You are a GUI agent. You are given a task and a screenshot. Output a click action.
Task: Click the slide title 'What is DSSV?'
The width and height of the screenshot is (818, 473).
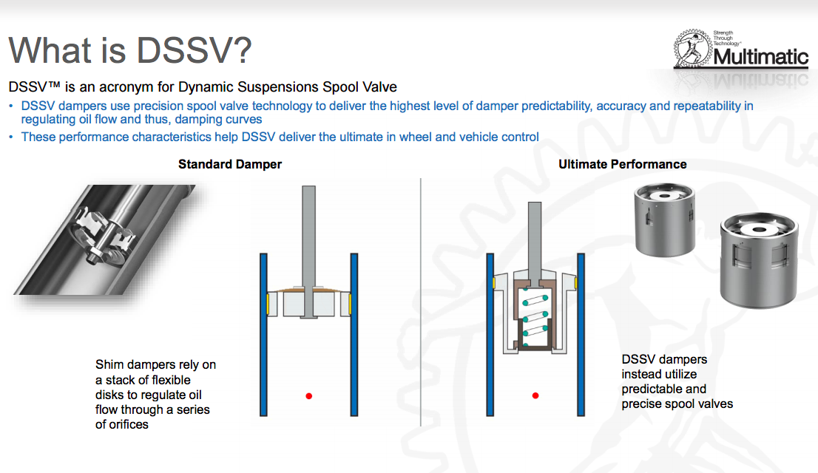click(130, 50)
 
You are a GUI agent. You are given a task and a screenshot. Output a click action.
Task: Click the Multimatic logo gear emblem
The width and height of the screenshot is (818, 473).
click(693, 49)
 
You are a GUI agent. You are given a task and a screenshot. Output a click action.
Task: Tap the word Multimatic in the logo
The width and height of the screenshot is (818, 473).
click(760, 56)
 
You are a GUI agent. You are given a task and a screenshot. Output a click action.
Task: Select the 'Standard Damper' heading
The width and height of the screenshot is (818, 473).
click(230, 164)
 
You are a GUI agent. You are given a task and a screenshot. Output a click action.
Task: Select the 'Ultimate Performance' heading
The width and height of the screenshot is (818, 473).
click(622, 164)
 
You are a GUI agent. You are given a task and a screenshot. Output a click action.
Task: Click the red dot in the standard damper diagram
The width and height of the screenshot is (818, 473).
click(309, 396)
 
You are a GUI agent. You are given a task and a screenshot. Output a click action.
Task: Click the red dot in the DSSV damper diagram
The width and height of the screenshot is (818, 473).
click(535, 396)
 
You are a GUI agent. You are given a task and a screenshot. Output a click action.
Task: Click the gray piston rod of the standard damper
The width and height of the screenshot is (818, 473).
click(309, 251)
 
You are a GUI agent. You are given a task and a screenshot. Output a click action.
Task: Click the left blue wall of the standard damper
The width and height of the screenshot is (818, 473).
click(263, 335)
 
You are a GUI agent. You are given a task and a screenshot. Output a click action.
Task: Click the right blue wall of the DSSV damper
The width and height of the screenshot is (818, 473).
click(581, 335)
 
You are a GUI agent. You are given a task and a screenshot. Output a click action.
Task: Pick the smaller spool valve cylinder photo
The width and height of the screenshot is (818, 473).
click(664, 220)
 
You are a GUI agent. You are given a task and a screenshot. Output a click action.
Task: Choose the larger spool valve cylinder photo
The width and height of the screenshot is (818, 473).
click(759, 259)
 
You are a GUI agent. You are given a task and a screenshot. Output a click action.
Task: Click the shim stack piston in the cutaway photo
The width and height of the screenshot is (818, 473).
click(104, 236)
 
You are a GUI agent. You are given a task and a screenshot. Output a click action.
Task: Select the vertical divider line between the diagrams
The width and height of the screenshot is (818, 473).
click(421, 302)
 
